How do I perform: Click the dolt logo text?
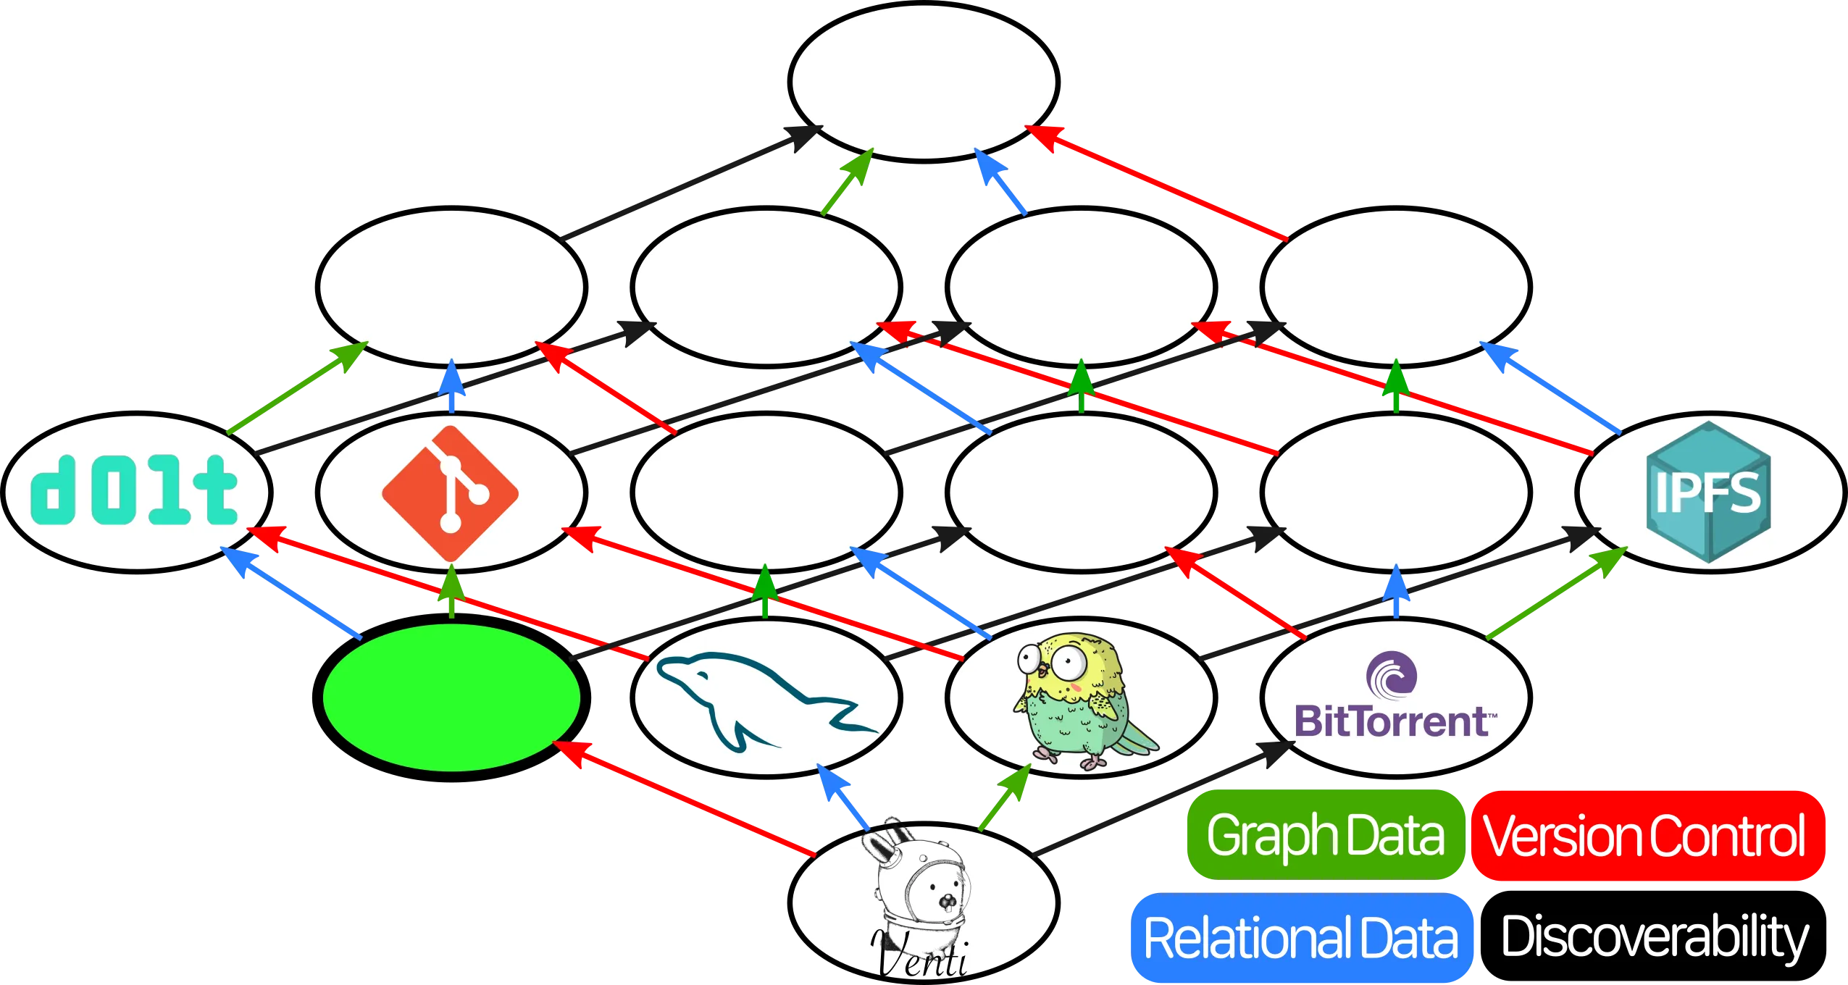134,490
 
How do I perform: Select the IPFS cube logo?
1709,492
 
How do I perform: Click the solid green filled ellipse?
451,697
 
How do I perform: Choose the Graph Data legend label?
1325,835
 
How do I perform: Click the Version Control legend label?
1644,835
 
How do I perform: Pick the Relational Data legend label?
1300,938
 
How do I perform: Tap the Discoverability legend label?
1654,938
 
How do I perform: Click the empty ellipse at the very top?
923,82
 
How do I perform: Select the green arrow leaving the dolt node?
297,388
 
